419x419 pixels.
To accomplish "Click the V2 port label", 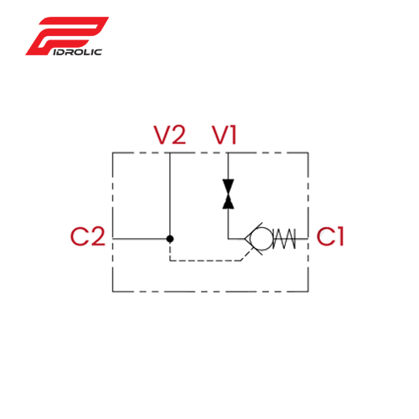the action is (x=170, y=135).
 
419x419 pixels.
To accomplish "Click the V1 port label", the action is (x=225, y=135).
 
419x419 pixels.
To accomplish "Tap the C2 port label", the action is (x=88, y=236).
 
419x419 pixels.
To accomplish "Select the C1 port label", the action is (x=329, y=236).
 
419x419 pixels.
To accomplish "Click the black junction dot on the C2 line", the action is (x=170, y=239).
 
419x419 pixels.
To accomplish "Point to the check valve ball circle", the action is (x=261, y=239).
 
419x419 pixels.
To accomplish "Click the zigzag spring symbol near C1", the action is (x=284, y=239).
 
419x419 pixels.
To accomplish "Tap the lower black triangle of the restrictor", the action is (x=228, y=201).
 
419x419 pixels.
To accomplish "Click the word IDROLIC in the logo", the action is (x=77, y=52).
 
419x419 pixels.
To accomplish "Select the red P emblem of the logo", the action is (x=67, y=36).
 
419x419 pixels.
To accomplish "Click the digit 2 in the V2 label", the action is (x=178, y=135).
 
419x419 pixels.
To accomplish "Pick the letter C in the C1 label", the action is (x=325, y=236).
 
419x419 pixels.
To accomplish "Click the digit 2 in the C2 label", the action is (x=97, y=236).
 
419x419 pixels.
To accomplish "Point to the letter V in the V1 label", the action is (x=220, y=135).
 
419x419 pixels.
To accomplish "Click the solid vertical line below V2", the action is (x=170, y=194).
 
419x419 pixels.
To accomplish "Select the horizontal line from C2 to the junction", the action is (x=140, y=239).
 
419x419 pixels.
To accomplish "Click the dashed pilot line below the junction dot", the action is (x=205, y=261).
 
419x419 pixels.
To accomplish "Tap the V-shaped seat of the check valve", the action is (x=253, y=239).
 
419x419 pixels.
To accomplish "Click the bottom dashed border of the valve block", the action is (x=210, y=292).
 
